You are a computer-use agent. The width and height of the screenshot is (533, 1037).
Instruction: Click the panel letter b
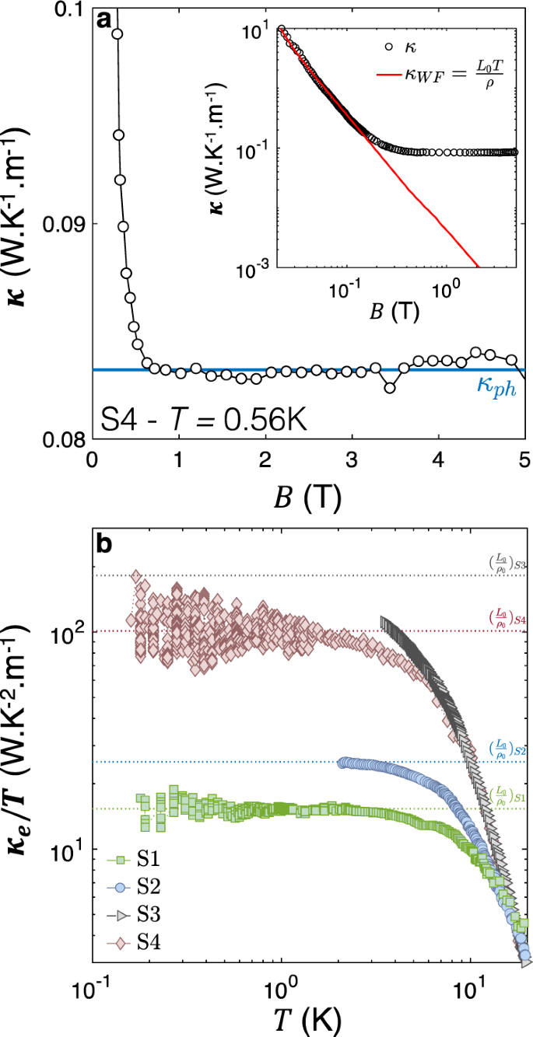(104, 543)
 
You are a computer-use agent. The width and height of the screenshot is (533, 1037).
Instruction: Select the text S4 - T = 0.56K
(206, 421)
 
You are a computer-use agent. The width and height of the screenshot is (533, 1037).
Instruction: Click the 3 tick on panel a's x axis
(352, 459)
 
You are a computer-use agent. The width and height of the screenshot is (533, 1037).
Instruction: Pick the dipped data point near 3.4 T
(391, 387)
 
